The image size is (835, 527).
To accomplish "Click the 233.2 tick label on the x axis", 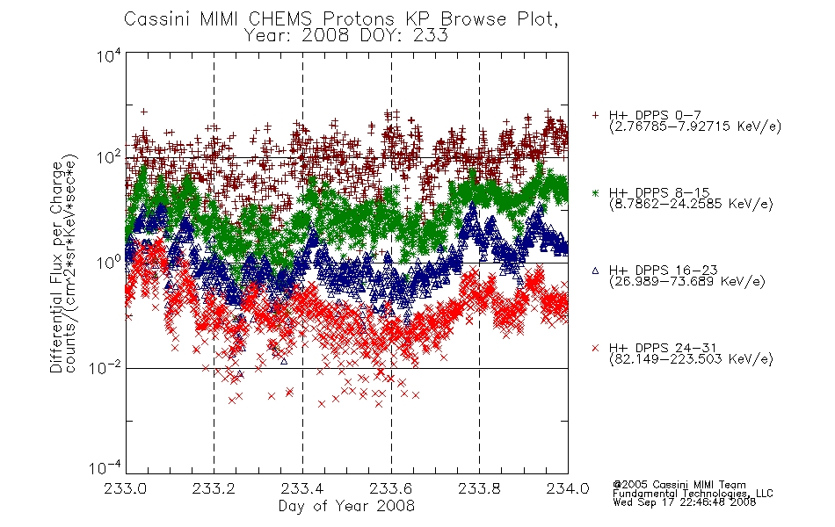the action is pos(214,488).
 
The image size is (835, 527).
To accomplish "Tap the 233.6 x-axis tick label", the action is pos(391,488).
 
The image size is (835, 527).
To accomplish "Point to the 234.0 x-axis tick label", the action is pos(568,488).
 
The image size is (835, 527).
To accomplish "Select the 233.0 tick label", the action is pos(126,488).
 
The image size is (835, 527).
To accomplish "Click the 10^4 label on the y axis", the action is pos(109,55).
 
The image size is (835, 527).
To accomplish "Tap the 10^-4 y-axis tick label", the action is pos(105,467).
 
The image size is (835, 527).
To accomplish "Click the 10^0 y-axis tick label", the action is pos(109,263).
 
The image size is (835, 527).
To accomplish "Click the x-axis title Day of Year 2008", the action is pos(346,506).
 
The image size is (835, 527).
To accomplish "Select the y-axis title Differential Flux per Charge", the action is pos(56,267).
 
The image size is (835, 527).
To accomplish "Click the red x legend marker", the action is pos(595,348).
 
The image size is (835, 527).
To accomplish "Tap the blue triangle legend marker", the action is pos(595,271).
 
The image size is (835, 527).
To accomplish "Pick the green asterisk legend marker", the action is pos(595,193).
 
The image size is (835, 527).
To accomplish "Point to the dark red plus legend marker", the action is pos(595,116).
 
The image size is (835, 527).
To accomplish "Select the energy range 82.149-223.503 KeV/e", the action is pos(691,359).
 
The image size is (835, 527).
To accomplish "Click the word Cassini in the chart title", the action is pos(157,19).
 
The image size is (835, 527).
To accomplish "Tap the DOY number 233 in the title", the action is pos(432,36).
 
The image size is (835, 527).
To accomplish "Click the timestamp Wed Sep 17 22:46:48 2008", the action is pos(685,502).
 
